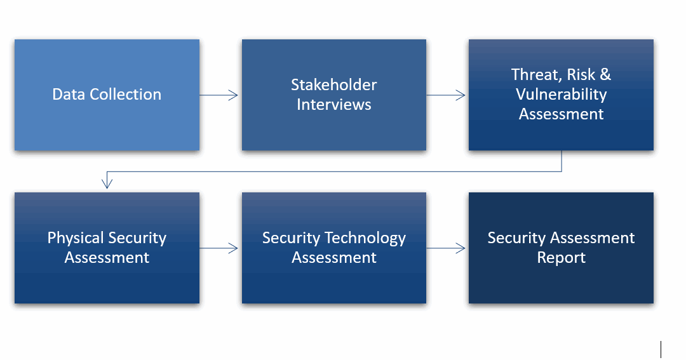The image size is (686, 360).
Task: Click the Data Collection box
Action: tap(107, 95)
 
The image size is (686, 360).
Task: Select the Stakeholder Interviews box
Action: tap(334, 95)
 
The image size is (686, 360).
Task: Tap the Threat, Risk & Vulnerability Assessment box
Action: tap(561, 95)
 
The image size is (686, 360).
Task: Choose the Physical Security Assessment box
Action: tap(107, 248)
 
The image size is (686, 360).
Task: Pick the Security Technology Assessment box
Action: tap(334, 248)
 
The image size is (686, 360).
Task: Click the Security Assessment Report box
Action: tap(561, 248)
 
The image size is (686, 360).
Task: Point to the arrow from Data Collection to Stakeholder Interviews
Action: tap(219, 95)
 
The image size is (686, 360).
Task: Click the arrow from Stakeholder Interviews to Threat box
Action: tap(446, 95)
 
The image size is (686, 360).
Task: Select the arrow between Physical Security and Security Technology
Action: tap(219, 248)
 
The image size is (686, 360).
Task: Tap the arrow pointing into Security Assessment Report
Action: tap(446, 248)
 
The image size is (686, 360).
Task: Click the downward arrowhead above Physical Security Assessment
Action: tap(107, 183)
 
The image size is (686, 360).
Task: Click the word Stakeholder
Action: tap(334, 85)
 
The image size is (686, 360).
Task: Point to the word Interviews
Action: tap(334, 105)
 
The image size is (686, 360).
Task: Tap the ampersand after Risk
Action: tap(605, 75)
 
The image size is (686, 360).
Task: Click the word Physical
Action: tap(76, 238)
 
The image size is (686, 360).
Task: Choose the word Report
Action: tap(562, 258)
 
